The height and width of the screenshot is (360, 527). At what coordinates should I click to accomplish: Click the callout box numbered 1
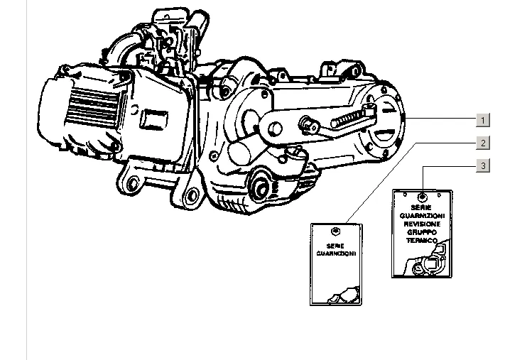(483, 119)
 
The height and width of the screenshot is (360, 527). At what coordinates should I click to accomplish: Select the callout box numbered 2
(483, 143)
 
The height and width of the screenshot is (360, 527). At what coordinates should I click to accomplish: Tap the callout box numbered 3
(483, 166)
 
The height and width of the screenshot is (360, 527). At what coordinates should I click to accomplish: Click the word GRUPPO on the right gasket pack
(423, 232)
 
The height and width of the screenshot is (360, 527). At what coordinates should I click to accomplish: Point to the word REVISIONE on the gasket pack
(423, 224)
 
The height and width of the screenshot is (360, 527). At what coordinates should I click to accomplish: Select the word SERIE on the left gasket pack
(336, 245)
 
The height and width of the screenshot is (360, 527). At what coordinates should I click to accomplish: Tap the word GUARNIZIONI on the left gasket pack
(336, 253)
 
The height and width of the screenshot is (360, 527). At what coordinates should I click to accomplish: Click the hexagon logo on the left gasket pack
(336, 231)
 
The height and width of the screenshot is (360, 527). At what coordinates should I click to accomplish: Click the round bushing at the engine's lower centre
(260, 188)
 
